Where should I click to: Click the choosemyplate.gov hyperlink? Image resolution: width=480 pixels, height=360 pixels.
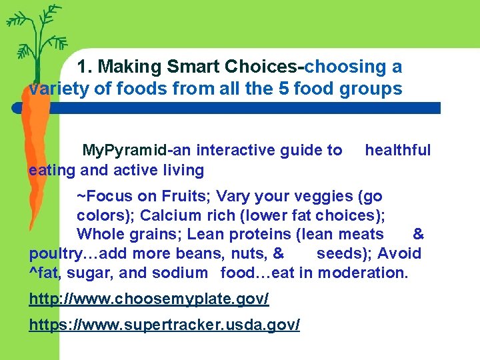coord(149,299)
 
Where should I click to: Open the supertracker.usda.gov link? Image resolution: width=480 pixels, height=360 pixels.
coord(164,325)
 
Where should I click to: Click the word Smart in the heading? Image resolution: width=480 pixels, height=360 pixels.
coord(195,67)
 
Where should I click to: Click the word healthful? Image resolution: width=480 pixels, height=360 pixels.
coord(397,150)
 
